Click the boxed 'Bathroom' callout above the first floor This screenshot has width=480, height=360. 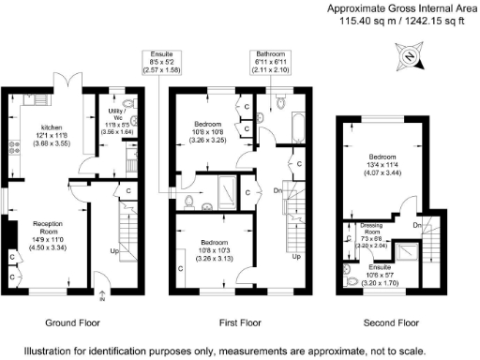271,61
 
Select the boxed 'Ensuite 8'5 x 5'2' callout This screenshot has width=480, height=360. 157,61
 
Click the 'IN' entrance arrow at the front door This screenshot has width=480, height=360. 102,296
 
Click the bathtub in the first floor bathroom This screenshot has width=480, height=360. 297,124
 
